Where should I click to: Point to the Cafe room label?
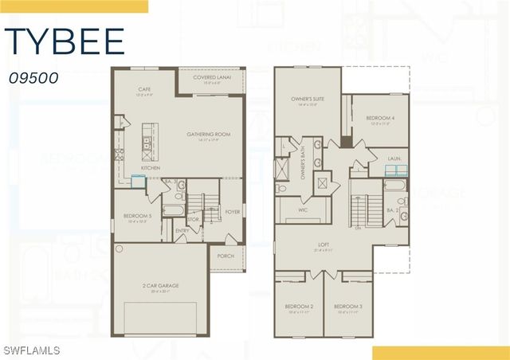click(144, 90)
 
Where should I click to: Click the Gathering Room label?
click(209, 135)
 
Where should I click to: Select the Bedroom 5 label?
click(137, 216)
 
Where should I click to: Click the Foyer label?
click(232, 212)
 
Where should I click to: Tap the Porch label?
click(226, 256)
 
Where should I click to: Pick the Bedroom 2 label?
click(300, 307)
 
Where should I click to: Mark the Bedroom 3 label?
click(348, 307)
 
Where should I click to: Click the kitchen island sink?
click(147, 144)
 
